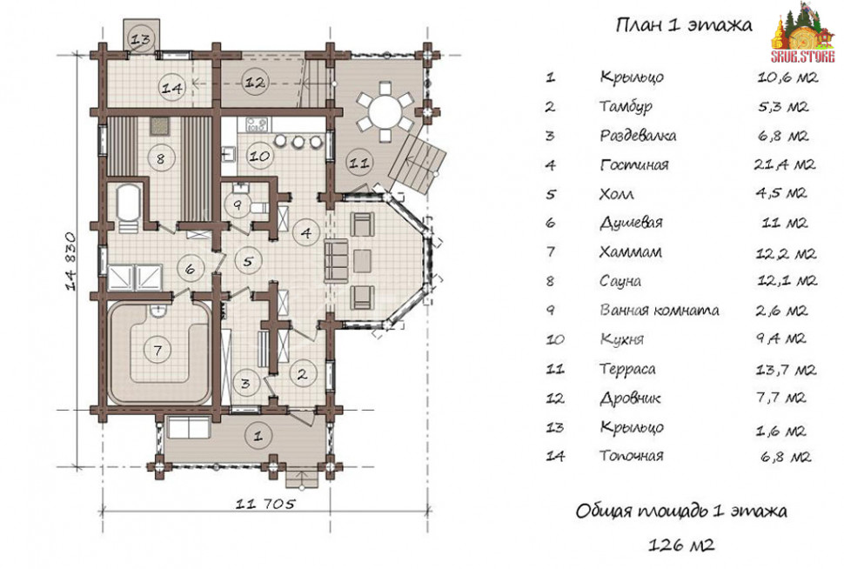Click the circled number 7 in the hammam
tap(157, 351)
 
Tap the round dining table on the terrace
tap(385, 112)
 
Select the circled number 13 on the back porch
tap(141, 39)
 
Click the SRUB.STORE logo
tap(802, 33)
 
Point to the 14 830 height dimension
tap(71, 261)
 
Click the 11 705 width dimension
tap(265, 504)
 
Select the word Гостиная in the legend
tap(634, 164)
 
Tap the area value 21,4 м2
tap(784, 164)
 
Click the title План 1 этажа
tap(684, 25)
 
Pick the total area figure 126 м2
tap(681, 545)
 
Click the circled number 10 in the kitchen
tap(259, 156)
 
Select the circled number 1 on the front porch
tap(258, 435)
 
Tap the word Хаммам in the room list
tap(630, 251)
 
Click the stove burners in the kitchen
tap(256, 124)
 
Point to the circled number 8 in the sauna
tap(160, 158)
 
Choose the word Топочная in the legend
tap(632, 456)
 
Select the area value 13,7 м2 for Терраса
tap(786, 369)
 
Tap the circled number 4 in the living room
tap(305, 232)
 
